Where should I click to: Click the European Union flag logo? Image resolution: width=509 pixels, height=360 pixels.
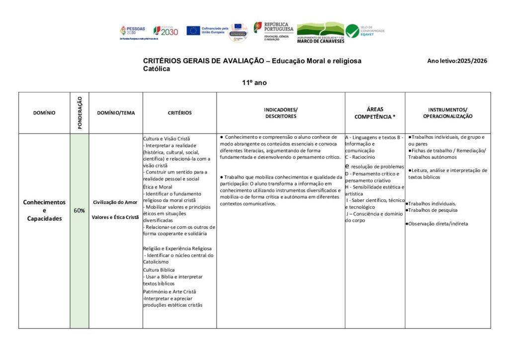click(x=193, y=30)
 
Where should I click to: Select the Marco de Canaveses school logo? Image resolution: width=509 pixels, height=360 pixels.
click(x=320, y=32)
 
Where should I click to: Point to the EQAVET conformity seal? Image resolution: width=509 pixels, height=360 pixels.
click(x=366, y=31)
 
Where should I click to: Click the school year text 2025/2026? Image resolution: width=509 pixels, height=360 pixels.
click(x=472, y=61)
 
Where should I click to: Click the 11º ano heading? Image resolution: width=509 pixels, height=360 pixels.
click(x=254, y=83)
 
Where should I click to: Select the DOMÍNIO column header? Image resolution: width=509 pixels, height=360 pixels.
click(x=44, y=113)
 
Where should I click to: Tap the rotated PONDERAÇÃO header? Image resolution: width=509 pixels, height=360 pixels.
click(x=80, y=113)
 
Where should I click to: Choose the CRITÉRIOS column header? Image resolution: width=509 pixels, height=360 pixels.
click(x=179, y=113)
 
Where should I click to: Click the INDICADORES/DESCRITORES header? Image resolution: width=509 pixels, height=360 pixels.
click(x=281, y=113)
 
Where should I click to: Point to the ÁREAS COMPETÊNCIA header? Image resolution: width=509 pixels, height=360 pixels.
click(x=375, y=113)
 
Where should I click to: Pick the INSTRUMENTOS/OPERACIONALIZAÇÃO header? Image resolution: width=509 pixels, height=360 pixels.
click(x=447, y=113)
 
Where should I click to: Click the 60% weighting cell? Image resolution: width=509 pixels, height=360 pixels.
click(x=80, y=210)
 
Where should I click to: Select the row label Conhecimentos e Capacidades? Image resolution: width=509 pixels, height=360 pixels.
click(x=44, y=210)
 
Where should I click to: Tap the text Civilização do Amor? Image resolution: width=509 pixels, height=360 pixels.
click(x=116, y=202)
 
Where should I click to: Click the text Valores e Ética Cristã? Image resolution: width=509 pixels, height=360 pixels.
click(x=116, y=217)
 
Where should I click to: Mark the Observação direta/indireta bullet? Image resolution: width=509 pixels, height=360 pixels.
click(x=437, y=224)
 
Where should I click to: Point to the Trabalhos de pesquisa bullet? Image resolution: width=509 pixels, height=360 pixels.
click(x=432, y=210)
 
